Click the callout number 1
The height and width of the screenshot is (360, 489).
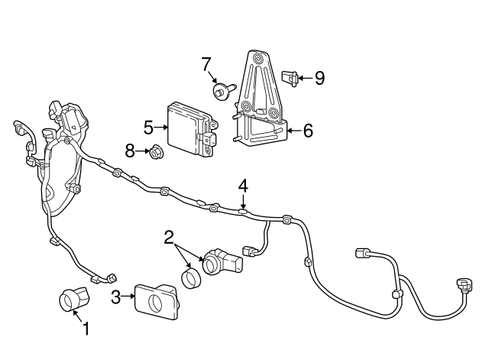coord(86,329)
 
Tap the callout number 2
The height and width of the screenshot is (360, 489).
coord(169,238)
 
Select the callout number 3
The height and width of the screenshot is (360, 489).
coord(116,297)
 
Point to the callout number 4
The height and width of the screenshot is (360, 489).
coord(243,185)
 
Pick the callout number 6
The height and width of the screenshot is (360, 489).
coord(307,131)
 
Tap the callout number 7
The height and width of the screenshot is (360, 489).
coord(206,64)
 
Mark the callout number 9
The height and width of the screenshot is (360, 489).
coord(319,77)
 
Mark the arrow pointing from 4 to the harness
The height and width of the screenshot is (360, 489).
coord(243,202)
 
